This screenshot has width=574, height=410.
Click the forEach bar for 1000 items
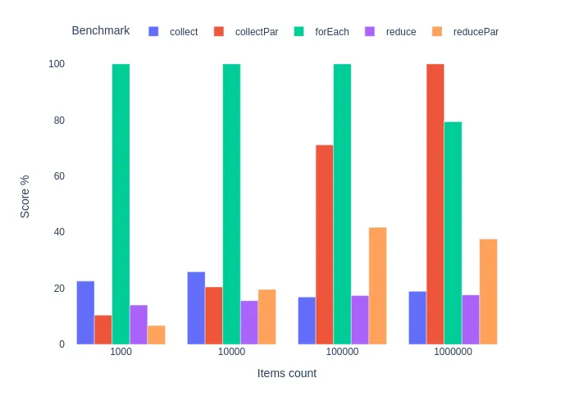click(x=121, y=204)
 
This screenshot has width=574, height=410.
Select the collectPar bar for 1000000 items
click(x=435, y=204)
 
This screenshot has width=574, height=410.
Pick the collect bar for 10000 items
click(x=196, y=308)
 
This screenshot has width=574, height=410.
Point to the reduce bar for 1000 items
click(x=139, y=325)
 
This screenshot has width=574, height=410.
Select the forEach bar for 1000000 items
click(x=453, y=233)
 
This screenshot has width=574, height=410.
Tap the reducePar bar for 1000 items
click(x=156, y=335)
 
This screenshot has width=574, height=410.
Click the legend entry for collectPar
click(x=246, y=32)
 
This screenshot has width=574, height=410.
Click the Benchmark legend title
click(x=101, y=31)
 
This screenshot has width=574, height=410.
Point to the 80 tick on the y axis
click(x=57, y=121)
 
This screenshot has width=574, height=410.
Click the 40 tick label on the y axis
click(x=57, y=232)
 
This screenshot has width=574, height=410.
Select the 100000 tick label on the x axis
click(x=342, y=352)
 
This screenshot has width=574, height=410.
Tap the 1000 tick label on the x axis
click(x=121, y=352)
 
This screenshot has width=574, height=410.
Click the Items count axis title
click(x=287, y=373)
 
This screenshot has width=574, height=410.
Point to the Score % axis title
click(x=25, y=196)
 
